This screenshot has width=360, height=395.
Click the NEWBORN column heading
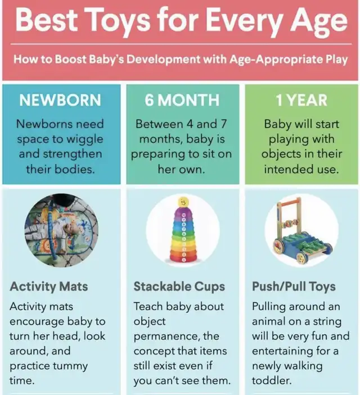coord(60,100)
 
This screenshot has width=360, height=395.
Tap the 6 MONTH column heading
coord(182,100)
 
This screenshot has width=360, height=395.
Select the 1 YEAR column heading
coord(301,100)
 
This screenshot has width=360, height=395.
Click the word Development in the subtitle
coord(163,60)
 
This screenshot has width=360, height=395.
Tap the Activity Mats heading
coord(49,287)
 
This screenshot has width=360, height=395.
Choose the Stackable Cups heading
coord(179,287)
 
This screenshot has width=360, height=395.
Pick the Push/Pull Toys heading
coord(294,287)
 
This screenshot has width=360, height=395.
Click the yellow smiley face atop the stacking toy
coord(183,202)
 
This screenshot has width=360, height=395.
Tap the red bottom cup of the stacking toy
coord(183,258)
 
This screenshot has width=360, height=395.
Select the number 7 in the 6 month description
coord(223,124)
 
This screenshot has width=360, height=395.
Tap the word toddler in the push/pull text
coord(272,380)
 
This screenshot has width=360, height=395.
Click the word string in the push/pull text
coord(327,322)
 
